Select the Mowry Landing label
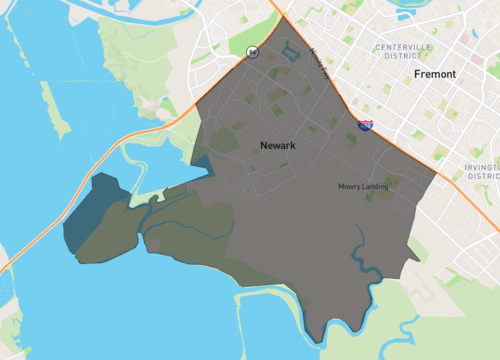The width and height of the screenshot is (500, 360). click(x=364, y=186)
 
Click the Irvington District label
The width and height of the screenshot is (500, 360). click(x=482, y=170)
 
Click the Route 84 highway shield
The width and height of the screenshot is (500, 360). click(x=253, y=53)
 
